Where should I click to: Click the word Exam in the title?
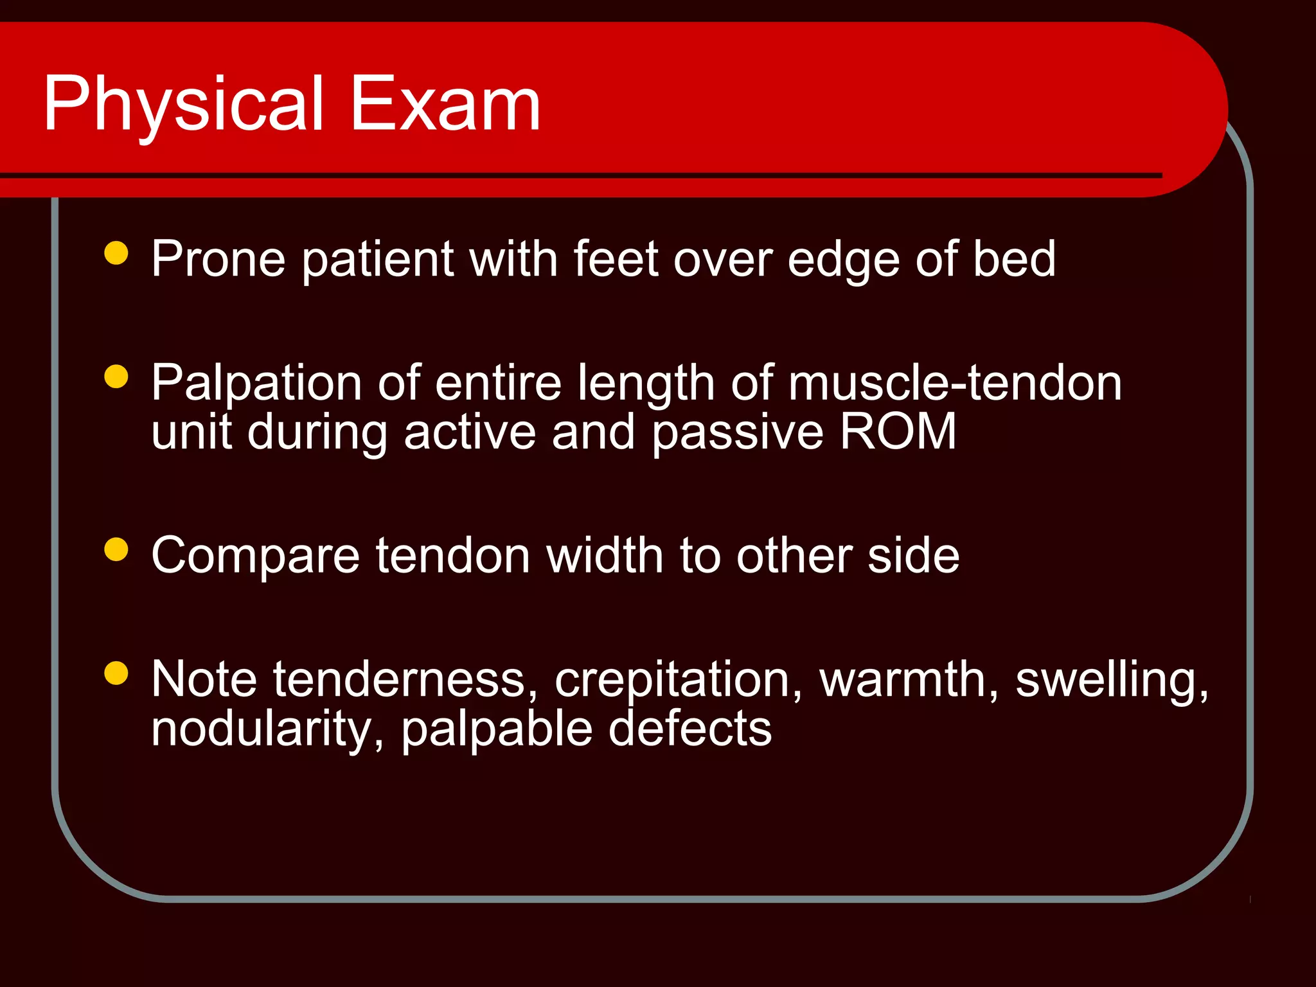445,104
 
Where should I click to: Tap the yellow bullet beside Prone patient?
116,253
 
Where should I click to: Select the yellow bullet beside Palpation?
116,377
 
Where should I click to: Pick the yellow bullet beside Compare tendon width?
116,549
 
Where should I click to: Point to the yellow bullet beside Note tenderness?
116,673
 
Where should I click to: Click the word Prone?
218,260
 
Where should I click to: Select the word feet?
616,260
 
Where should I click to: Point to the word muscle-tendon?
955,384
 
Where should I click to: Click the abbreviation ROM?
898,432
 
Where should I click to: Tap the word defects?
689,729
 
